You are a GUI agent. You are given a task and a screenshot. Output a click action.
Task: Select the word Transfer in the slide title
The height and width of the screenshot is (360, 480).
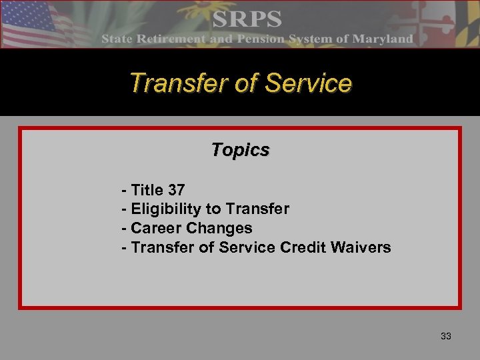175,83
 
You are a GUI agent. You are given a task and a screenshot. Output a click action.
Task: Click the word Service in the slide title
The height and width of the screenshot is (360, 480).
308,83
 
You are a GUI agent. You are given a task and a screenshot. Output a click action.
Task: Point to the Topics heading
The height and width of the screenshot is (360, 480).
240,150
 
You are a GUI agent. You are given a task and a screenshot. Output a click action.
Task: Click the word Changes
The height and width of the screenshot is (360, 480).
219,228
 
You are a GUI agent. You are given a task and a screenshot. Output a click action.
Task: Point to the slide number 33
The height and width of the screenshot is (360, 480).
446,337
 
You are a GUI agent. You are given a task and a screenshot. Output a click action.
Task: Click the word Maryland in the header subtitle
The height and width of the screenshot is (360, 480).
383,39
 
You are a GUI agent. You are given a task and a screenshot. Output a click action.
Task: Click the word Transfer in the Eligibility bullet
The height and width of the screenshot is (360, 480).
257,209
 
